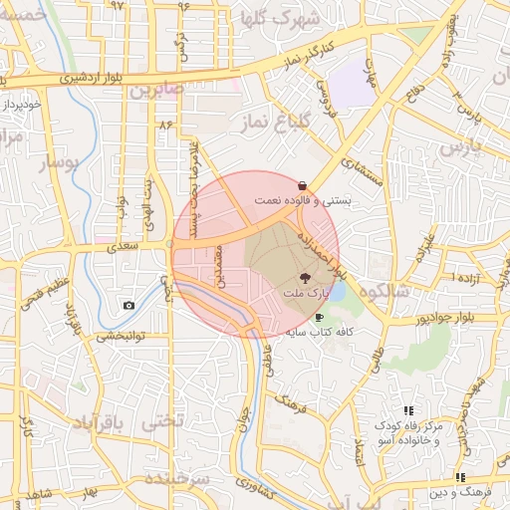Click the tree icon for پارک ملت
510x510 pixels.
305,278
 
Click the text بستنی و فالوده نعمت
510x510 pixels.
303,200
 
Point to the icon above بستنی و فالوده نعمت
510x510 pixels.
302,184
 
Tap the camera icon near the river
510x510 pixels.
127,305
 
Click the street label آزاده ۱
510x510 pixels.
463,275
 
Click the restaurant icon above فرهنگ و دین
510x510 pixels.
459,477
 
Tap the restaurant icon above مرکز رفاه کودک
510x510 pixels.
407,410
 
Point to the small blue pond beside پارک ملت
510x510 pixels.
335,292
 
